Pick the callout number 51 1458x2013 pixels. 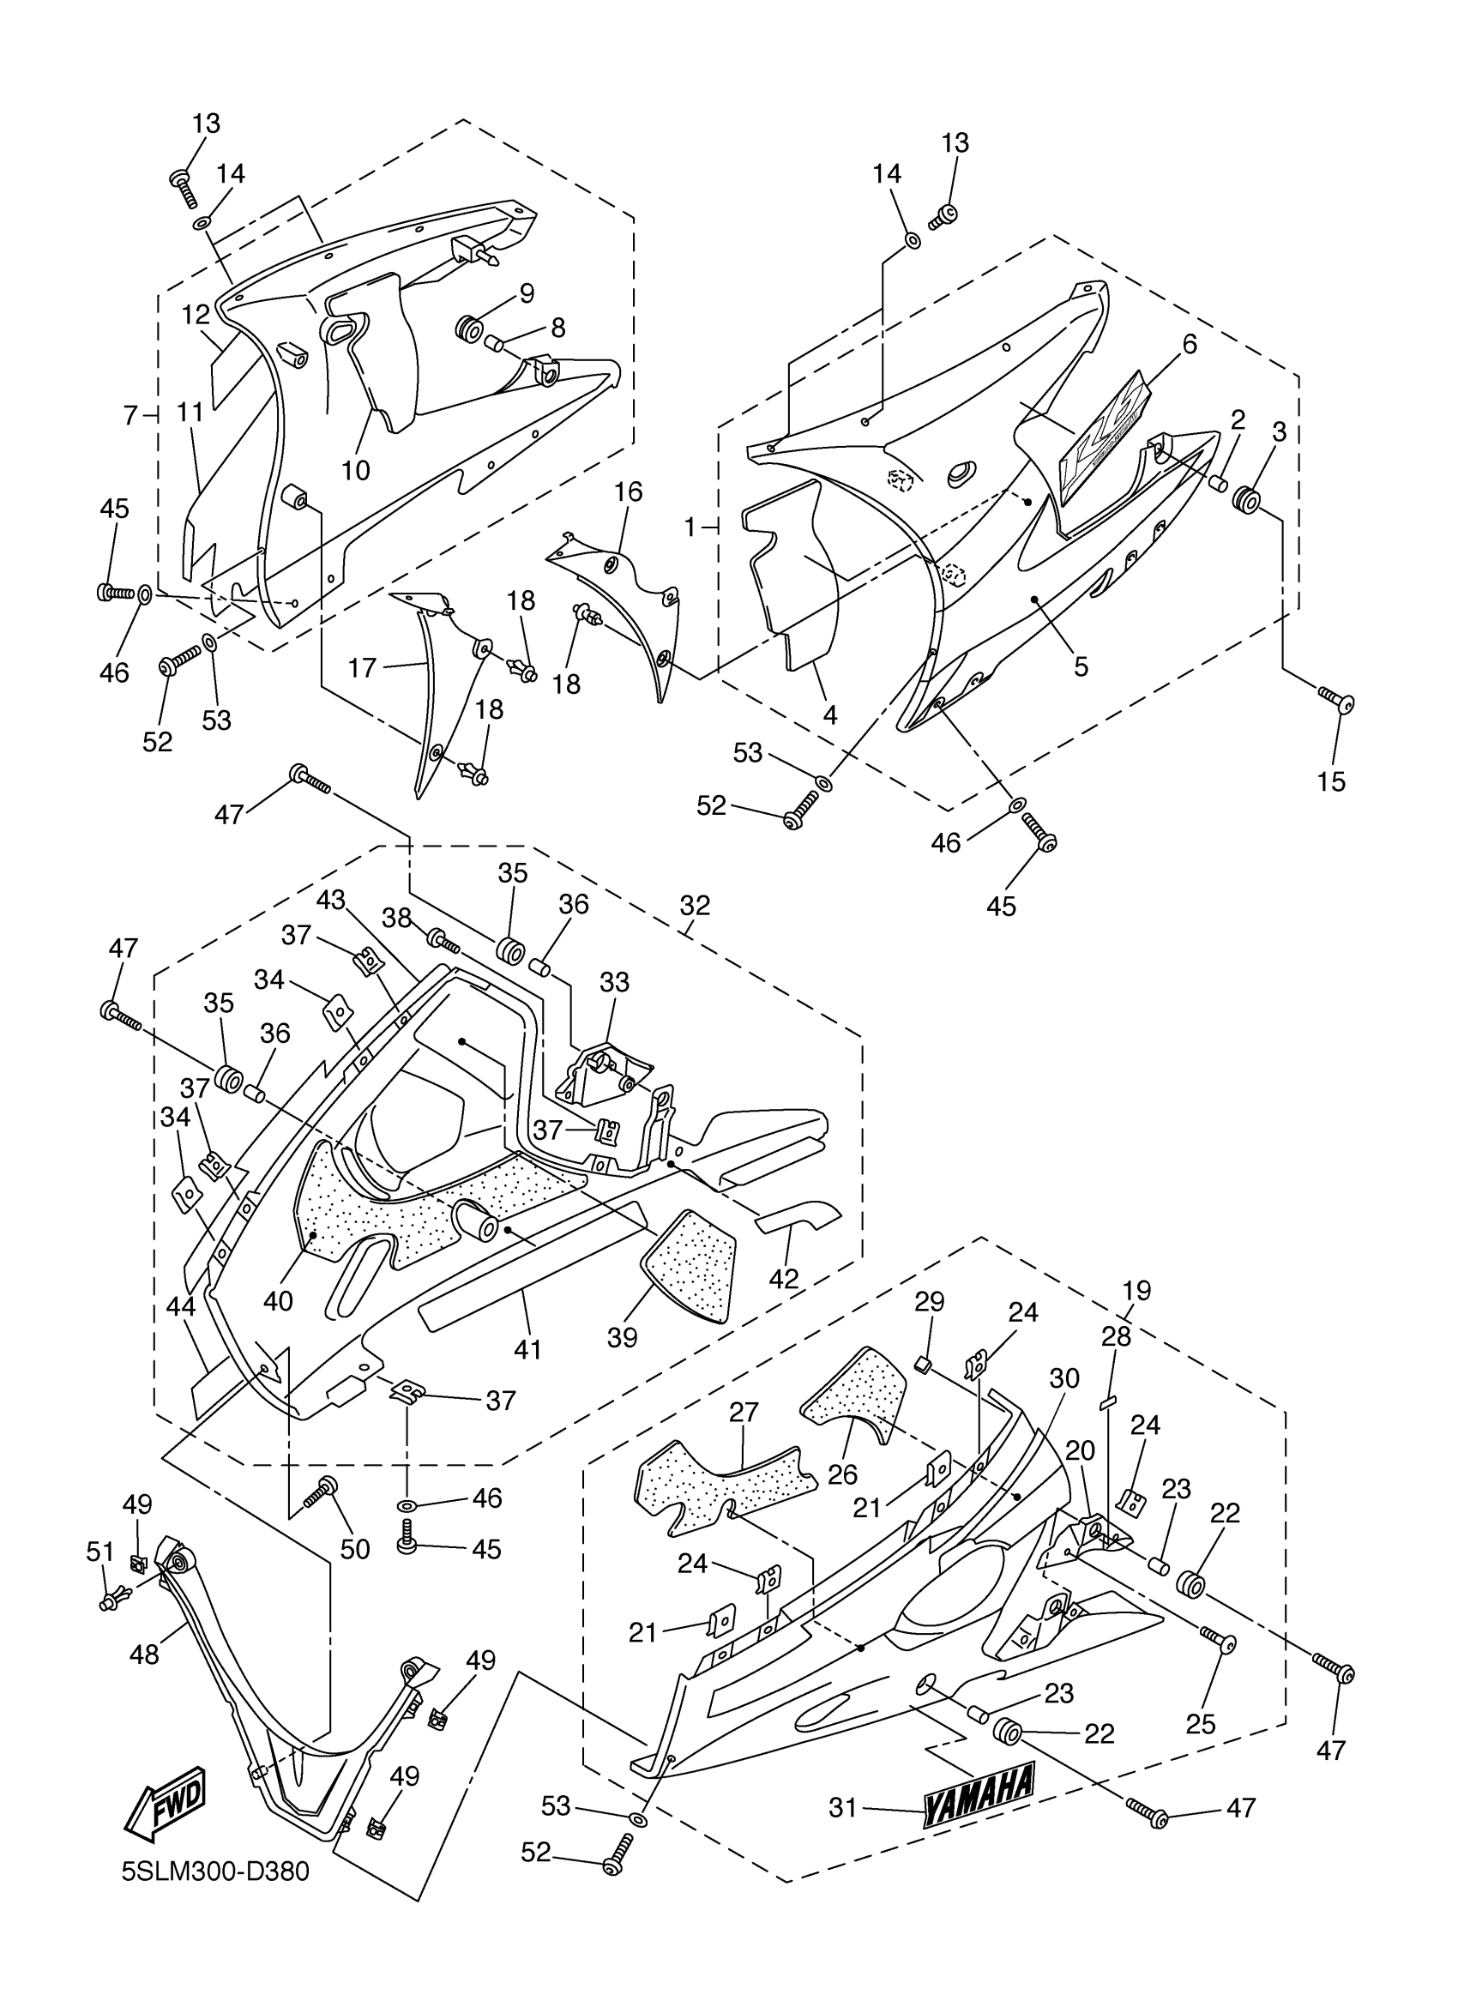coord(100,1552)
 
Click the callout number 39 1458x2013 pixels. coord(622,1336)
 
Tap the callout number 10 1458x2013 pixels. coord(355,469)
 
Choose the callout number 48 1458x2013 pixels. coord(145,1654)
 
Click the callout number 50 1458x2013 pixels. coord(355,1549)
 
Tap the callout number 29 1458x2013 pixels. coord(929,1302)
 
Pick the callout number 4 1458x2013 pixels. coord(829,714)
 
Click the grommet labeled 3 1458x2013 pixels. coord(1247,501)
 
